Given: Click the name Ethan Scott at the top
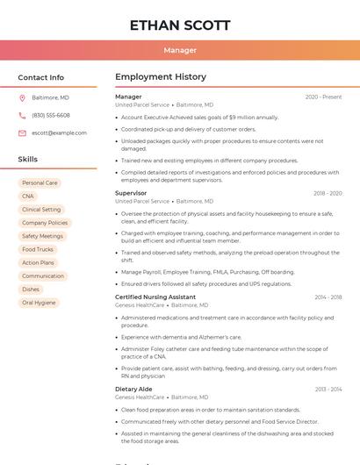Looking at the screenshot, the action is [x=180, y=25].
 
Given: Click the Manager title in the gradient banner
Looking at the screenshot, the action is [x=180, y=50].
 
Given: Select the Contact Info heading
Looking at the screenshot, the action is [x=41, y=77].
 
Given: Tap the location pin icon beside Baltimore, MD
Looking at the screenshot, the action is [x=22, y=97].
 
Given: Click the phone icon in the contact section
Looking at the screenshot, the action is [x=22, y=115].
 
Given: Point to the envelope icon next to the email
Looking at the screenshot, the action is [x=22, y=133].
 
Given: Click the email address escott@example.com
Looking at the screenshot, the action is [x=59, y=133].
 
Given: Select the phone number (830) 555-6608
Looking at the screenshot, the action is [x=51, y=115].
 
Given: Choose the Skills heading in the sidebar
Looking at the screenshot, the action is [x=28, y=160].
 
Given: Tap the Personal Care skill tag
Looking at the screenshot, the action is [x=40, y=182].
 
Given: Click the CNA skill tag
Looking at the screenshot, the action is [x=28, y=197].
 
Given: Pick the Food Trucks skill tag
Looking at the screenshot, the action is [x=38, y=249].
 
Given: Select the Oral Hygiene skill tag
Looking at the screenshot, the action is [x=39, y=303].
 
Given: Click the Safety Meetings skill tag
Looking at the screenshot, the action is [x=42, y=236].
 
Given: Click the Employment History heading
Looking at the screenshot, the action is [x=161, y=77].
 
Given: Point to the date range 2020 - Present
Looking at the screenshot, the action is [x=323, y=97].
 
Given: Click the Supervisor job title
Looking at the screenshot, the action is [x=131, y=193].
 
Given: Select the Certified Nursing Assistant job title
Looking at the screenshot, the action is [x=155, y=297].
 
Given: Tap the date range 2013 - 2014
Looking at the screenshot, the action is [x=328, y=390].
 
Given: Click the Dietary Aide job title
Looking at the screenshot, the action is [x=133, y=389].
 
